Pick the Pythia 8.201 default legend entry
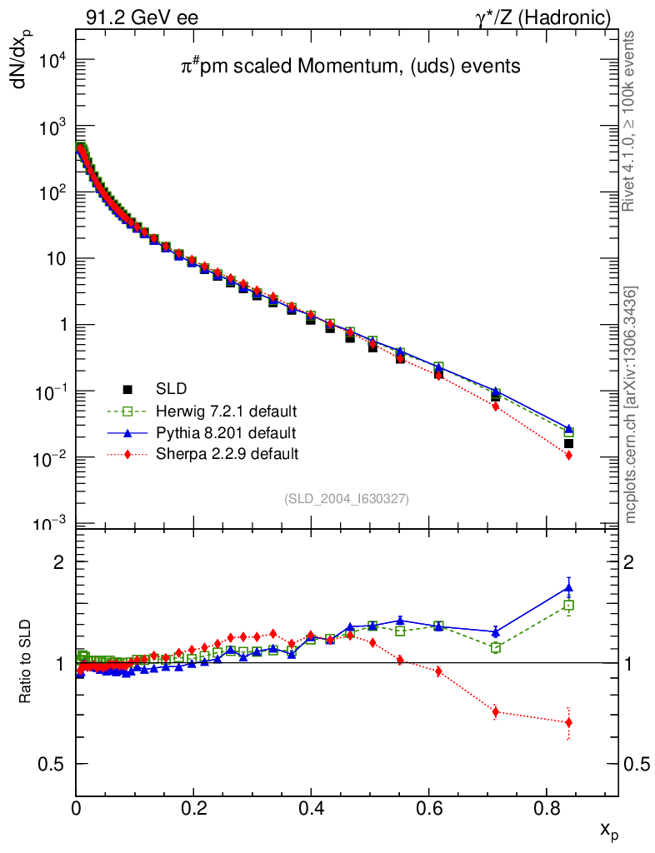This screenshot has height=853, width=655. click(x=226, y=432)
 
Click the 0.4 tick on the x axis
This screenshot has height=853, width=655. click(x=312, y=808)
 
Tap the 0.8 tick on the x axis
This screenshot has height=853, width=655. click(x=547, y=808)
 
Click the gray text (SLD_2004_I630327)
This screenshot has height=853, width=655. click(x=347, y=499)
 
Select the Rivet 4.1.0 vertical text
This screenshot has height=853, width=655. click(x=630, y=121)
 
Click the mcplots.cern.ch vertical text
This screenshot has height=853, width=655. click(x=631, y=405)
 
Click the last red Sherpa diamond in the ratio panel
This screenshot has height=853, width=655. click(x=568, y=722)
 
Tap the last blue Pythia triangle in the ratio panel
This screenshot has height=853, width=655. click(x=568, y=587)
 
